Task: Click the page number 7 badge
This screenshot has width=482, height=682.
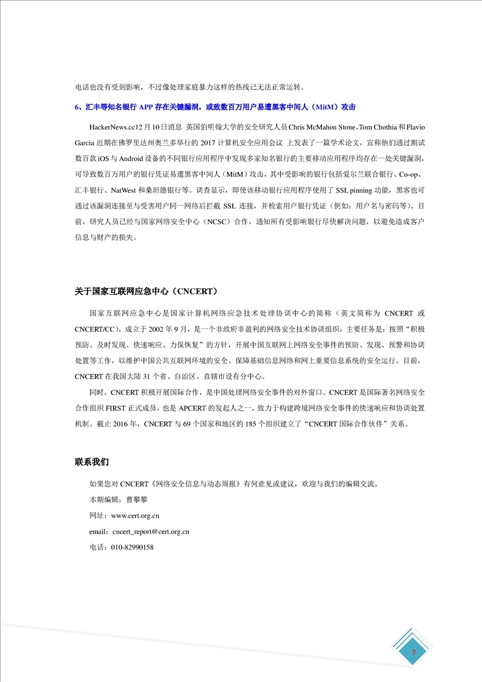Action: (413, 652)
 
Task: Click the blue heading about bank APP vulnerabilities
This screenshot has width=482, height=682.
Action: (215, 106)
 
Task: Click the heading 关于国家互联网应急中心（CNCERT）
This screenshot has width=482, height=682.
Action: (146, 292)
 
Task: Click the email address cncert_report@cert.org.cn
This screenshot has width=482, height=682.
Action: (151, 531)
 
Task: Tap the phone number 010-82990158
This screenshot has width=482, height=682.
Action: (132, 547)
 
